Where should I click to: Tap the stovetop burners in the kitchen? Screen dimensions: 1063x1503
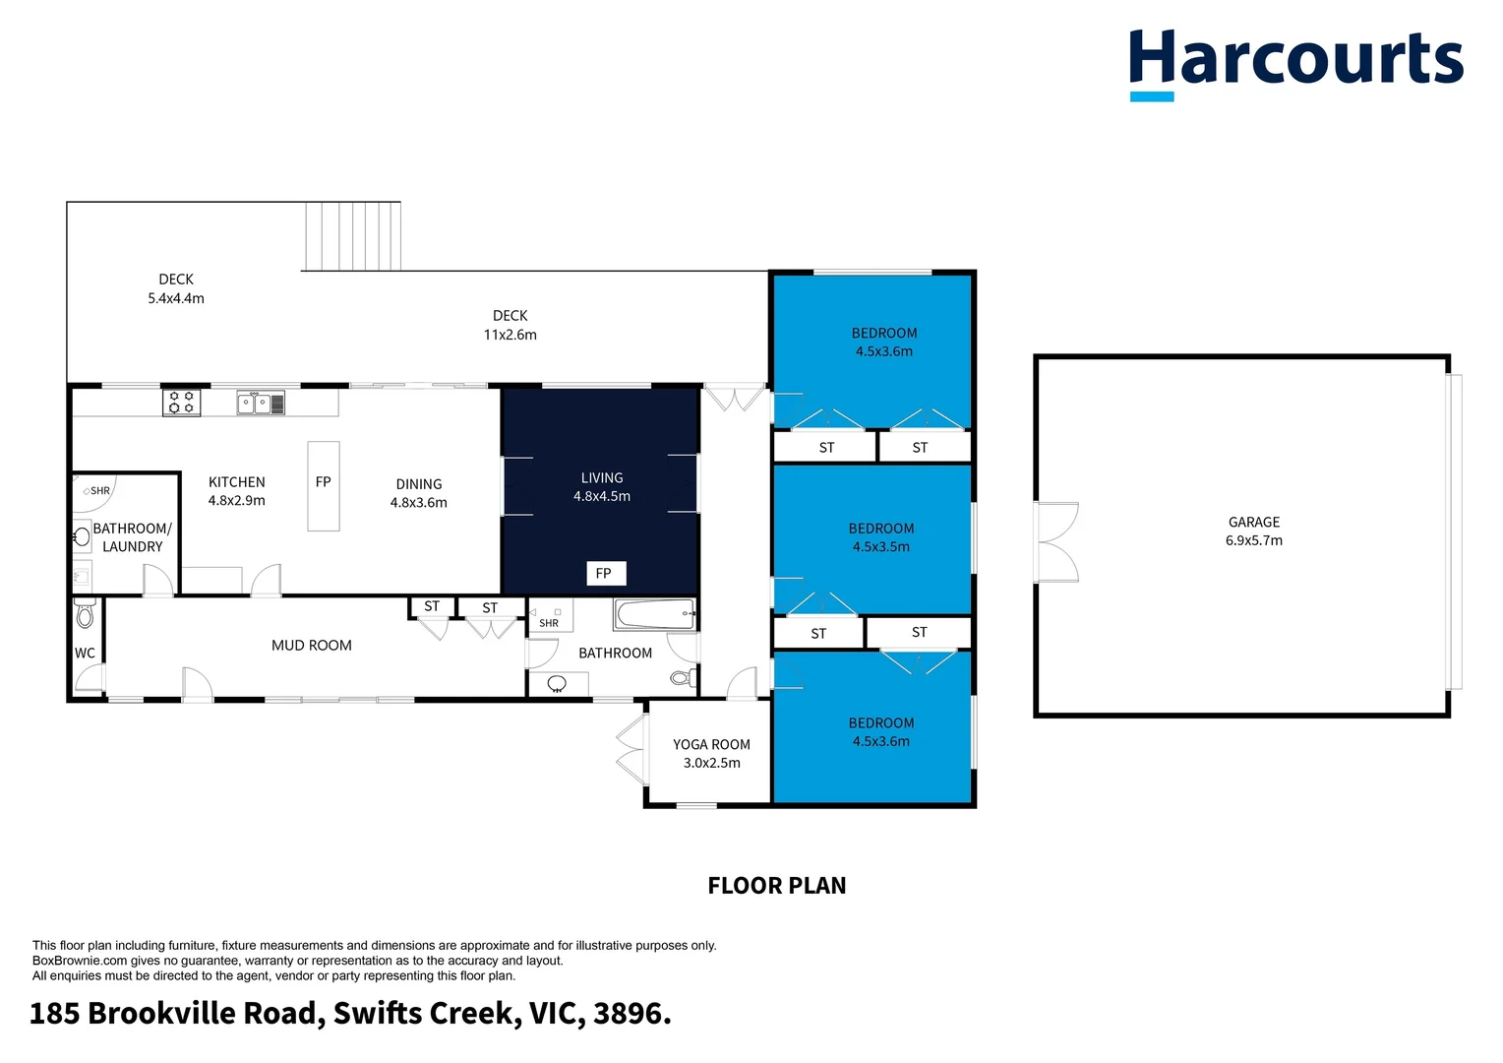(181, 402)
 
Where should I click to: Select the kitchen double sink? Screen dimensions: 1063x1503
(261, 403)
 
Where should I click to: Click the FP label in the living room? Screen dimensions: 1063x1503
(604, 573)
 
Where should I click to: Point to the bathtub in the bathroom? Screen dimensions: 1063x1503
(654, 614)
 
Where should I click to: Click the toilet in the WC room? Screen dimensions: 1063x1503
(85, 615)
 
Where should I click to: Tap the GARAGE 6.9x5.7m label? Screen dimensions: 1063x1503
(1253, 531)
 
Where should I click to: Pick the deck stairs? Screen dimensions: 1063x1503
(352, 236)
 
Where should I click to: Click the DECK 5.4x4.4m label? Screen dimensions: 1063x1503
(176, 288)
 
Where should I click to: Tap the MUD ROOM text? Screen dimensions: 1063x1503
(311, 646)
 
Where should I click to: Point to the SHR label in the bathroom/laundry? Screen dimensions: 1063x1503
(100, 490)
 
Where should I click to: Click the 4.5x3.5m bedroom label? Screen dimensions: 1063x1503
(881, 537)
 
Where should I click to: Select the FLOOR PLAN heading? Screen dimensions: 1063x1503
(776, 885)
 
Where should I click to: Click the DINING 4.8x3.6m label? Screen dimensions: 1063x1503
(419, 493)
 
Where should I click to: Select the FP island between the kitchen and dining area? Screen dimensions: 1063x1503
(324, 485)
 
